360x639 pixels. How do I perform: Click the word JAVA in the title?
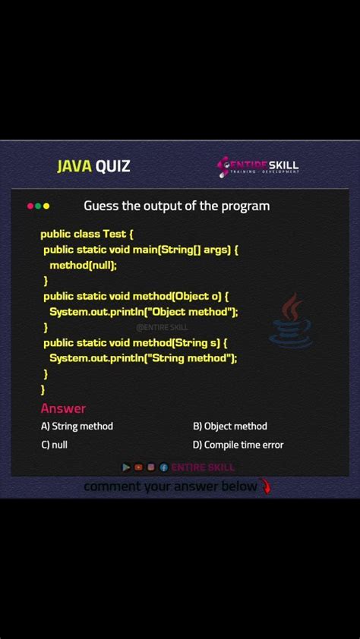tap(74, 166)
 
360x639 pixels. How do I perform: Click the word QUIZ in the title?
tap(112, 166)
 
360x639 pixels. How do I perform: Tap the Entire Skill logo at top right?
tap(258, 166)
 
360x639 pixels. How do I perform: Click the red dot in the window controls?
tap(30, 206)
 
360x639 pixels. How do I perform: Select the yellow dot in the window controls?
tap(46, 206)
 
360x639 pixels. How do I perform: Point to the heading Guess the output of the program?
tap(176, 206)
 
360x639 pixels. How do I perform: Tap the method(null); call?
tap(84, 265)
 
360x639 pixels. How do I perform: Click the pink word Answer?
tap(63, 408)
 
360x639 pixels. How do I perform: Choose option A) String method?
tap(77, 427)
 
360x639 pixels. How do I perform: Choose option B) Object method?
tap(230, 427)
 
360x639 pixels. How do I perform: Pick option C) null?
tap(54, 445)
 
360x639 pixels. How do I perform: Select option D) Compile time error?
tap(238, 445)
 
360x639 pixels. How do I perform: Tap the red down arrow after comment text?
tap(265, 486)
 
